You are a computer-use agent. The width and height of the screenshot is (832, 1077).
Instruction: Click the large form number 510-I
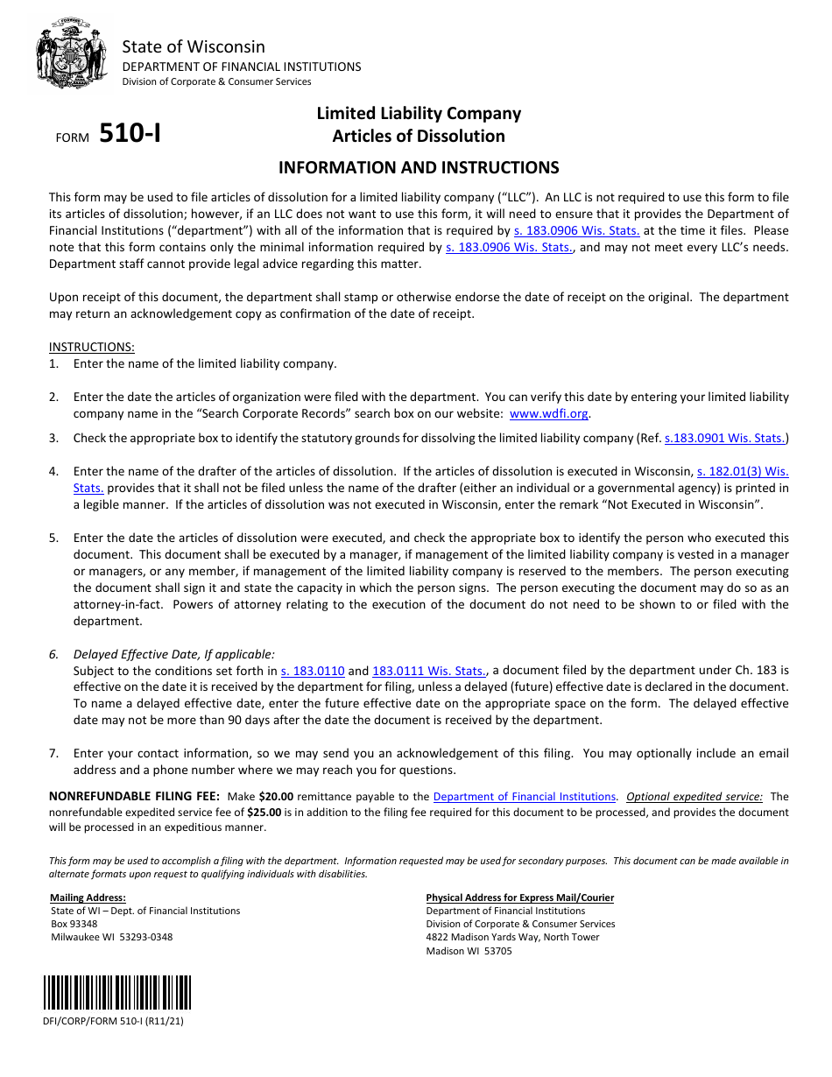pyautogui.click(x=130, y=133)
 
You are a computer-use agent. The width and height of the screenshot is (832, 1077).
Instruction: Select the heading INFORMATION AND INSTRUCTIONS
pyautogui.click(x=418, y=167)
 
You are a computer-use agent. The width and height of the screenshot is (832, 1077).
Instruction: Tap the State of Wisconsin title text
pyautogui.click(x=193, y=47)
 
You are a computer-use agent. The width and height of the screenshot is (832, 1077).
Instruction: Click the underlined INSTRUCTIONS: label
pyautogui.click(x=91, y=347)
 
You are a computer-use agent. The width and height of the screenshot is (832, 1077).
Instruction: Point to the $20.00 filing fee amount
pyautogui.click(x=276, y=797)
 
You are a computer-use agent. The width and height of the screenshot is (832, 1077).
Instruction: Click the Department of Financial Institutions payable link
pyautogui.click(x=524, y=797)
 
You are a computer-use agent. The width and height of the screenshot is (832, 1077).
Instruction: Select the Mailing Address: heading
pyautogui.click(x=88, y=897)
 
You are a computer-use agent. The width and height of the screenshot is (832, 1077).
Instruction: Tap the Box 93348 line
pyautogui.click(x=74, y=924)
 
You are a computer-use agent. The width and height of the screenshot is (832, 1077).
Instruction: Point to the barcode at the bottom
pyautogui.click(x=117, y=993)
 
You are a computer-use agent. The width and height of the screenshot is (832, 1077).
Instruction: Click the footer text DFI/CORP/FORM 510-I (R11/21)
pyautogui.click(x=113, y=1021)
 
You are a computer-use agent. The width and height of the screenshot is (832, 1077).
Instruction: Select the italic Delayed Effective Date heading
pyautogui.click(x=173, y=654)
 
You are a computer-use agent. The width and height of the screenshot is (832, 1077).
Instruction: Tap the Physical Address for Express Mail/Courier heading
pyautogui.click(x=519, y=897)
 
